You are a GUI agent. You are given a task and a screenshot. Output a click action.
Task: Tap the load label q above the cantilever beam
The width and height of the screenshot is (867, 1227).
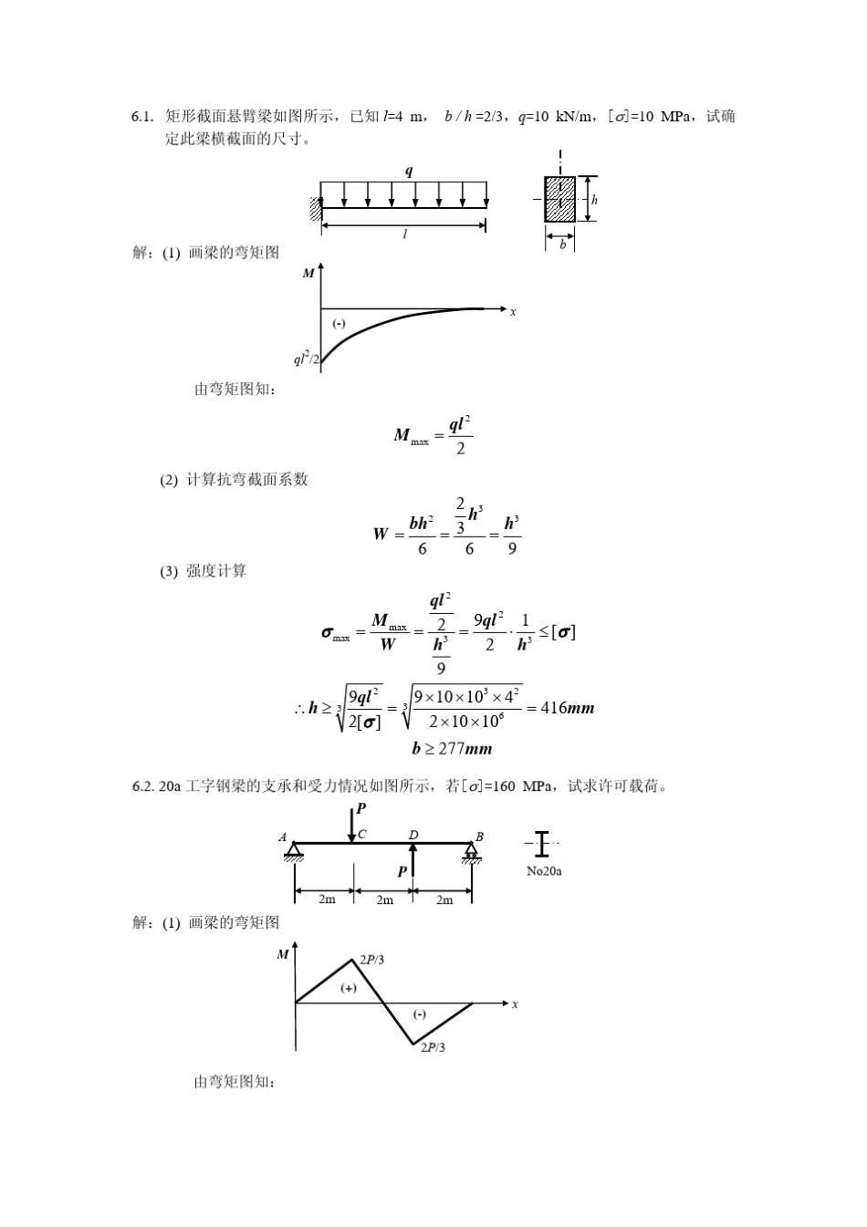pos(408,172)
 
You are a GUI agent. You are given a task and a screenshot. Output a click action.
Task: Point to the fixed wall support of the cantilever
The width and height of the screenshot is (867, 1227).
pos(316,208)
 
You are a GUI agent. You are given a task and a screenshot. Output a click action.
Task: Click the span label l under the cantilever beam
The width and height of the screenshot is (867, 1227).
pos(405,234)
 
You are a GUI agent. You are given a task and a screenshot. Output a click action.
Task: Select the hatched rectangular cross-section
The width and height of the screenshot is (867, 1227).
pos(559,199)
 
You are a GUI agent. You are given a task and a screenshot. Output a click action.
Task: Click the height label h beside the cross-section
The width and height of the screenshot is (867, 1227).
pos(595,200)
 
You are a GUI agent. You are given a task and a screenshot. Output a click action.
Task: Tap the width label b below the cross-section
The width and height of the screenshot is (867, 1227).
pos(562,244)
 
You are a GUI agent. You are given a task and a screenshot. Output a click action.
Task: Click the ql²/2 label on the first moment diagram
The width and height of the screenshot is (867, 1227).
pos(306,359)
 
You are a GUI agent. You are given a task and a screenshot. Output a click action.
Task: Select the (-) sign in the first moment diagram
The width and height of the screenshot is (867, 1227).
pos(339,323)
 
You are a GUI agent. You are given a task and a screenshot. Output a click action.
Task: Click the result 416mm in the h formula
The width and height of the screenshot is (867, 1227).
pos(568,707)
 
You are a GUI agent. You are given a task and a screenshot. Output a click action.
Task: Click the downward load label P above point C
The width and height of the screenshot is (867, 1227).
pos(360,808)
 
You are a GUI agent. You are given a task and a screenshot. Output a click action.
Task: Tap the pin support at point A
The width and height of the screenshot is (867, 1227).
pos(294,850)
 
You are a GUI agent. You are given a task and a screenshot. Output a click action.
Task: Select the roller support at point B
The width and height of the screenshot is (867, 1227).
pos(471,851)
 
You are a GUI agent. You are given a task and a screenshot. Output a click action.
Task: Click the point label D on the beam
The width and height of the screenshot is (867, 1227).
pos(413,835)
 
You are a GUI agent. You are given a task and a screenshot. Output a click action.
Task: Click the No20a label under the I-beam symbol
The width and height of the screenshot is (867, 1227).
pos(544,871)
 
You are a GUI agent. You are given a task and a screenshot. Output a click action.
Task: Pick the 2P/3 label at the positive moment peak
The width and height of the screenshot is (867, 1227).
pos(371,959)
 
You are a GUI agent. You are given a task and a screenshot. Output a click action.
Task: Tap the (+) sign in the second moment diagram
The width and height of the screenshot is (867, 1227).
pos(349,988)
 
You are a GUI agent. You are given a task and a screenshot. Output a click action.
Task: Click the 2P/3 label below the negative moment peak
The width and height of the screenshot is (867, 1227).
pos(433,1047)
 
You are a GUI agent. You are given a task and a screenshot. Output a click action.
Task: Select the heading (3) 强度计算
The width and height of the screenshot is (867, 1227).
pos(204,571)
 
